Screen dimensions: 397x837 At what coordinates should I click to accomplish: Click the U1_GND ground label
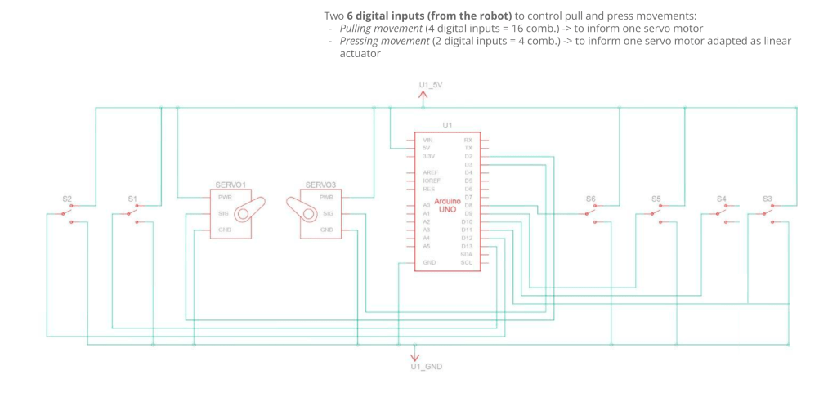426,367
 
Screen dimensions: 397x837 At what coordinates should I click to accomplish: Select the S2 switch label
67,198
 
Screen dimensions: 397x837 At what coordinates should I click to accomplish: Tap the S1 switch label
132,198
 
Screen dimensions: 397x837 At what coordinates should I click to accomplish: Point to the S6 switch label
591,198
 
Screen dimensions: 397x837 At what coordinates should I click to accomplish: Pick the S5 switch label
656,198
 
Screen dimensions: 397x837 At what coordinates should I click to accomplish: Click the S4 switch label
722,198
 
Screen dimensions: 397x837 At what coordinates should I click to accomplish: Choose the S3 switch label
767,198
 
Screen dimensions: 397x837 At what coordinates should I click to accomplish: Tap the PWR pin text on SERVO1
224,197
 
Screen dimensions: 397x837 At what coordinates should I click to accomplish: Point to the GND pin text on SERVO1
224,230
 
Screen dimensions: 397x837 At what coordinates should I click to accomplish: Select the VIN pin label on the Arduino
427,141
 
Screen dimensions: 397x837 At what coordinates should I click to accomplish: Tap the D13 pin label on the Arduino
468,246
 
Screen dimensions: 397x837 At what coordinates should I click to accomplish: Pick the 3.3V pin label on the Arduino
428,156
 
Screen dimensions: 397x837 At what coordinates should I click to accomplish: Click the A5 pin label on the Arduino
427,246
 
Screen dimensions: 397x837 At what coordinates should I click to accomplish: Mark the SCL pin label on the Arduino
467,262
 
